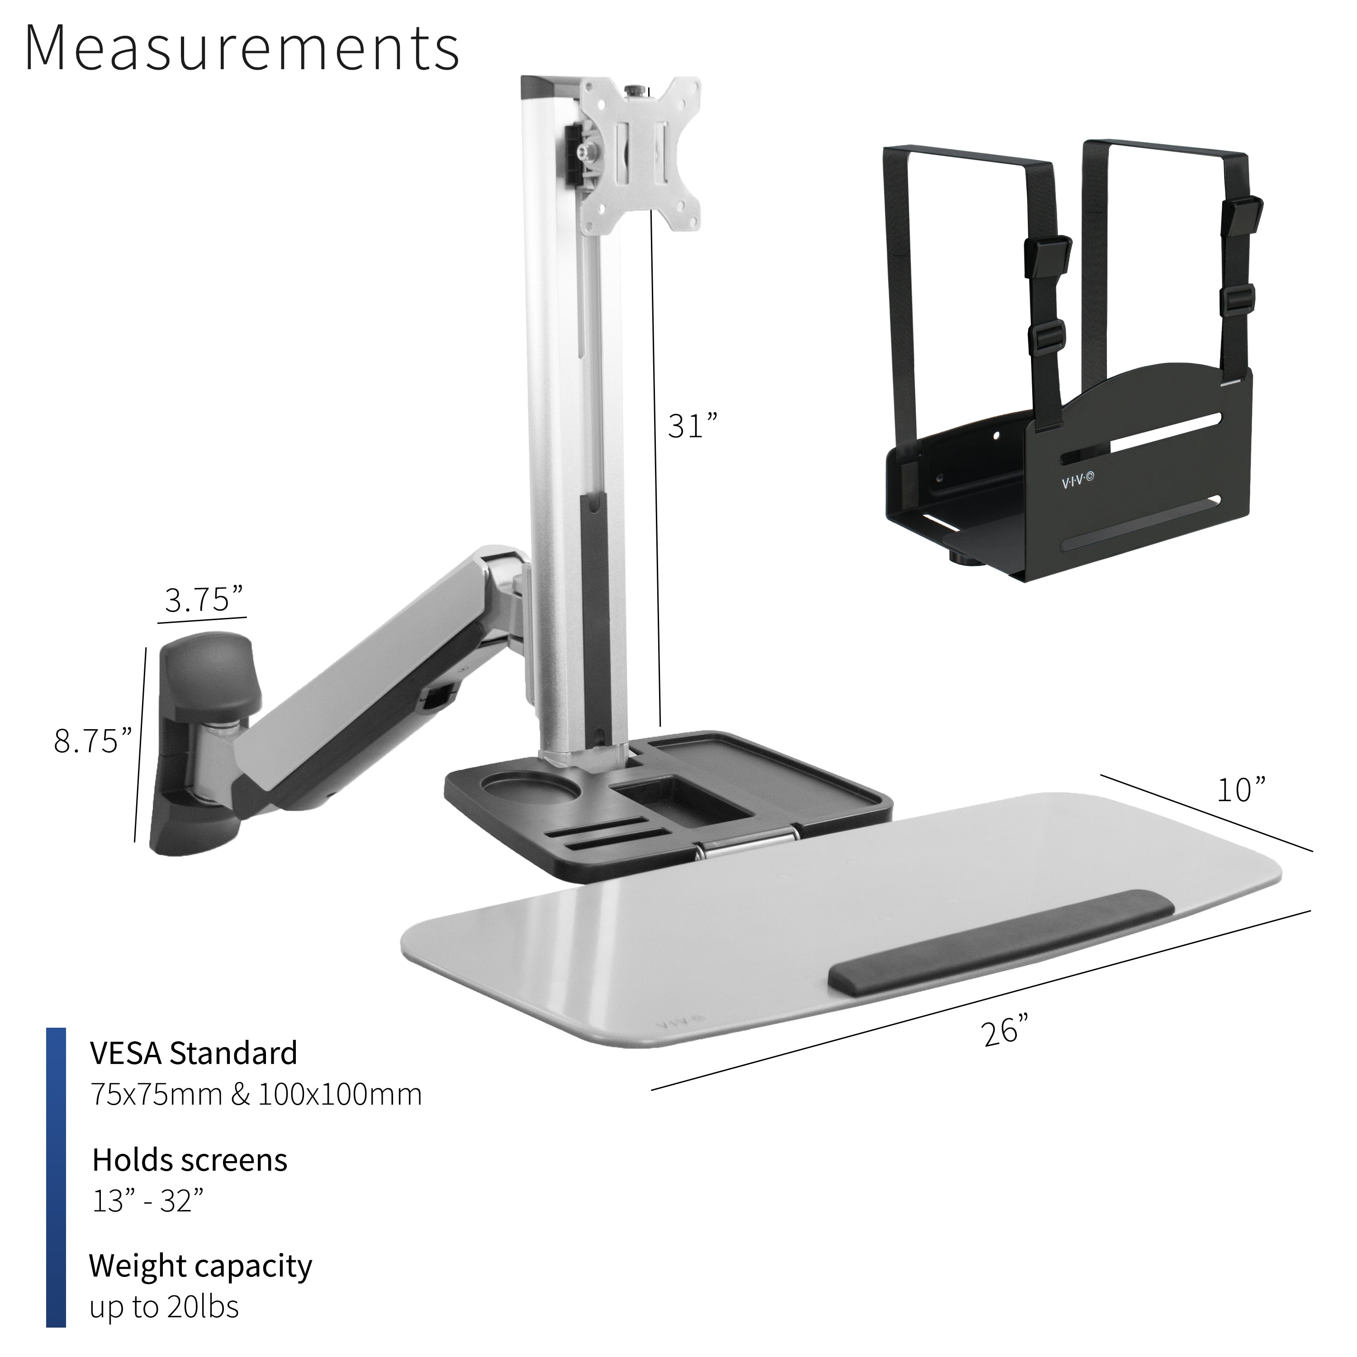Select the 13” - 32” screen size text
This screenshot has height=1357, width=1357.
point(147,1202)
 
